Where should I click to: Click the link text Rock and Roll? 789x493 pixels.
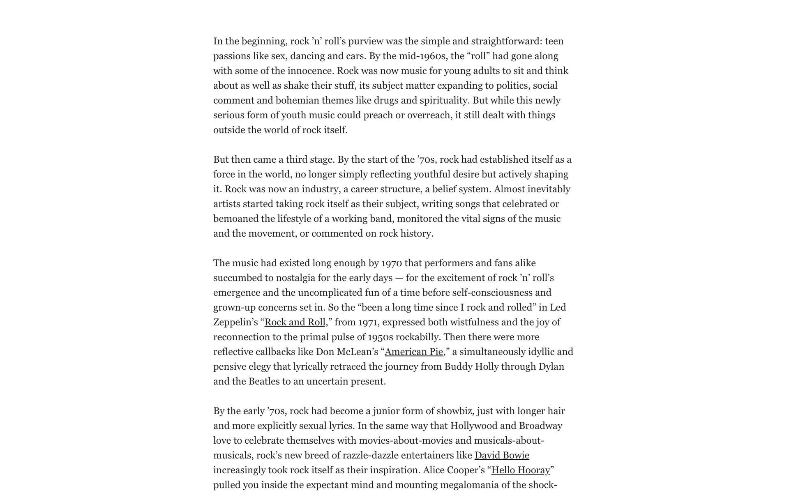click(295, 322)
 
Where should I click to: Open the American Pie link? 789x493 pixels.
click(413, 352)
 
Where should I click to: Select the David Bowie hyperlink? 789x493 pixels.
click(502, 455)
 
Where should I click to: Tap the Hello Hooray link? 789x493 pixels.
click(520, 470)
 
